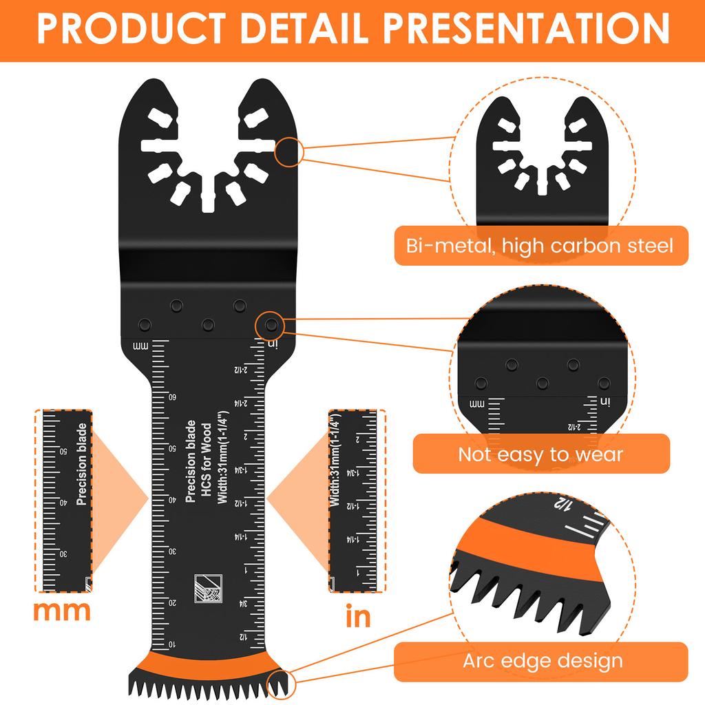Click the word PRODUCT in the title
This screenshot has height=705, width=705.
[125, 29]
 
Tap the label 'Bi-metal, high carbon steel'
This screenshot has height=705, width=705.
[540, 245]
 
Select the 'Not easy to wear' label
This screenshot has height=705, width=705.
[540, 454]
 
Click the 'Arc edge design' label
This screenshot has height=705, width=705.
[542, 662]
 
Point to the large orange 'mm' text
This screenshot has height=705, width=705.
[63, 611]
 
